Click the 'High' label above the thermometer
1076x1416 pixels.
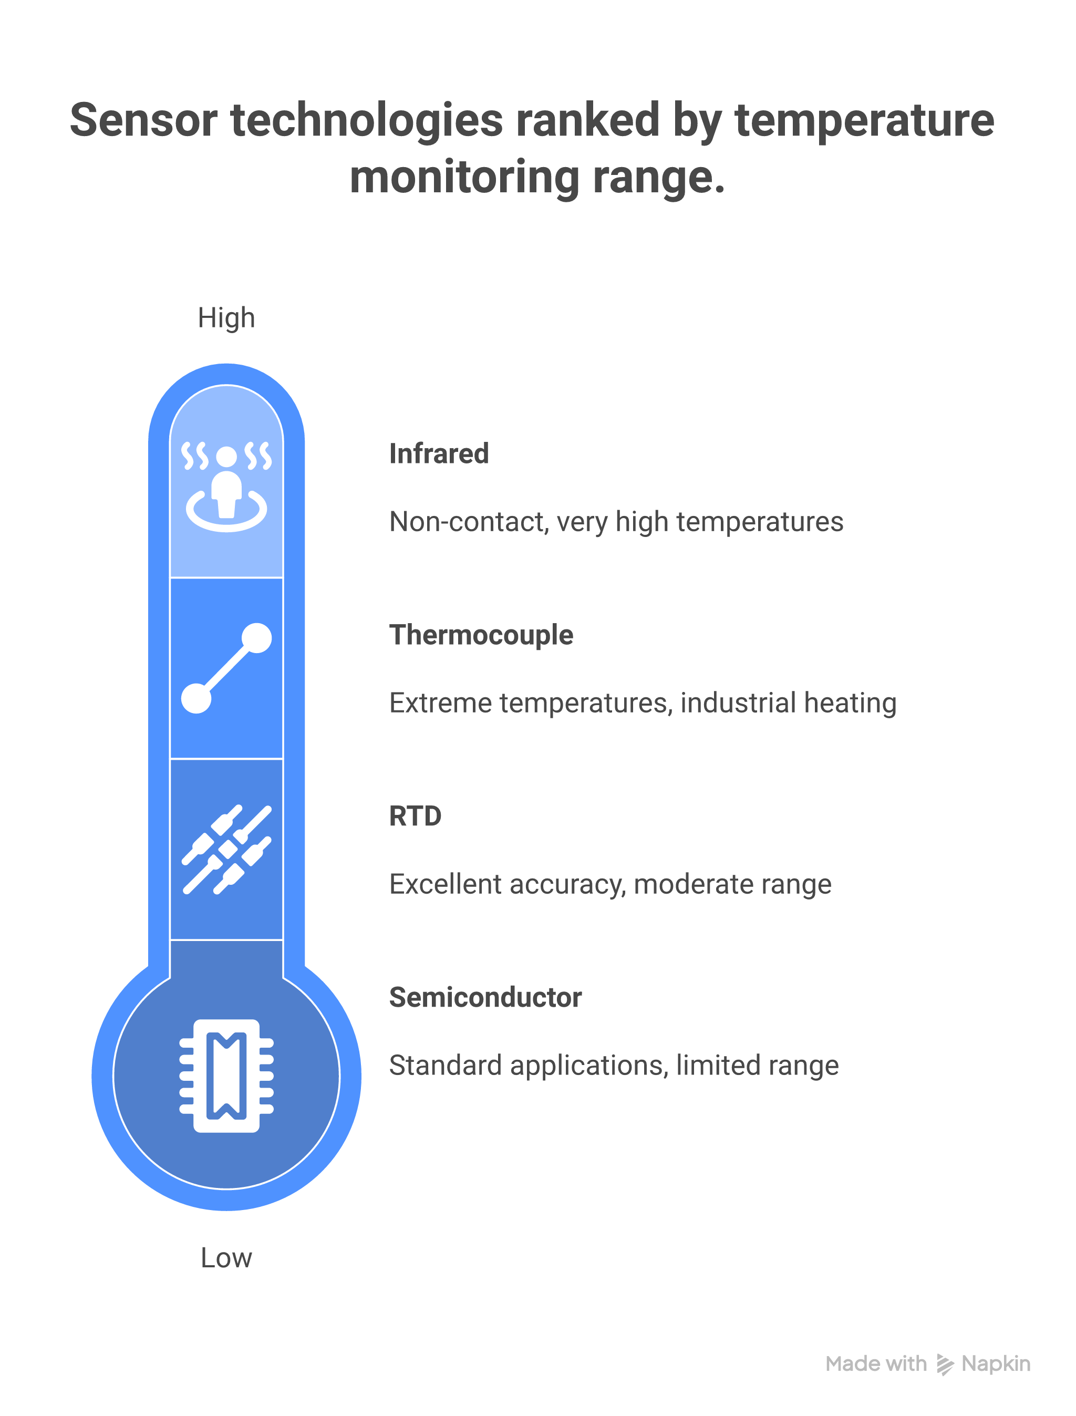click(x=226, y=318)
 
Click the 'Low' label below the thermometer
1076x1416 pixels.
click(x=226, y=1258)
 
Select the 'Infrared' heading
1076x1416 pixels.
click(x=439, y=453)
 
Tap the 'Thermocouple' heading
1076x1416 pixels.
click(x=481, y=635)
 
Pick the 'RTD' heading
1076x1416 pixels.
click(x=415, y=816)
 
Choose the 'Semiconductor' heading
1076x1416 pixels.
click(x=485, y=997)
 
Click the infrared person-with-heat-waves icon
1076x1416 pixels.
click(x=226, y=486)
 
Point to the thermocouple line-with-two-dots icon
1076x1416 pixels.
click(x=226, y=668)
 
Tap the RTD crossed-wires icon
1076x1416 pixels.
click(x=226, y=849)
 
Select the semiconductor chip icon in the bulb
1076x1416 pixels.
click(x=226, y=1076)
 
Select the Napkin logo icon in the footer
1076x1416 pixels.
click(x=944, y=1364)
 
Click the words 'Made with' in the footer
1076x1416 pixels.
click(x=875, y=1364)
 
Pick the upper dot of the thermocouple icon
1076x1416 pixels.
click(x=257, y=638)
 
